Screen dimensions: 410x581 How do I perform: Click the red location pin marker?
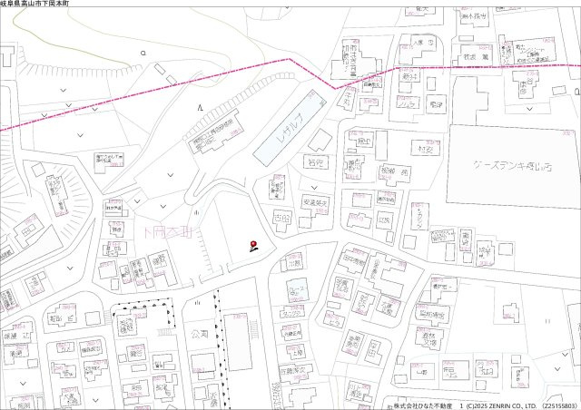[253, 242]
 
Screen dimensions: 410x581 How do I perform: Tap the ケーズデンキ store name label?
[512, 166]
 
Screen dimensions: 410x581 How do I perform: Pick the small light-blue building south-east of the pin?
[296, 291]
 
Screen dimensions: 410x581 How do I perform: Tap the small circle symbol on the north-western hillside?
[143, 54]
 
